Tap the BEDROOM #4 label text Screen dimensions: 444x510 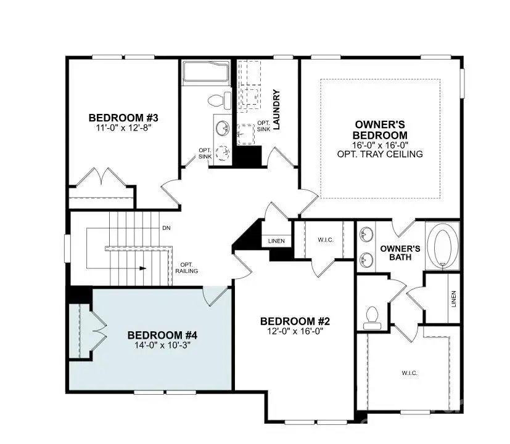(x=162, y=335)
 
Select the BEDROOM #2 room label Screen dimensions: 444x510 (x=295, y=321)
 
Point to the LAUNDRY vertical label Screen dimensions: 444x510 (x=276, y=110)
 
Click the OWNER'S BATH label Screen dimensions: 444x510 (x=400, y=253)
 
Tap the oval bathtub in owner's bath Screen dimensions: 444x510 (x=443, y=246)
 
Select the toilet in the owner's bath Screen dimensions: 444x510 (x=372, y=317)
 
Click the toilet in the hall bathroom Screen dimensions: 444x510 (x=216, y=100)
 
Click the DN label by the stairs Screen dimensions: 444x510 (x=166, y=228)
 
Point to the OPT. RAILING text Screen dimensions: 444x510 (x=186, y=267)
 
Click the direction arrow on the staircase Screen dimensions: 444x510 (x=142, y=268)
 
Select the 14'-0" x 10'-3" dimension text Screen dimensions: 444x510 (x=162, y=345)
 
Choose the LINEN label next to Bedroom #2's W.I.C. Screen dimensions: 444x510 (x=277, y=241)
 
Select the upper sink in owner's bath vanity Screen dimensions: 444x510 (x=366, y=235)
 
